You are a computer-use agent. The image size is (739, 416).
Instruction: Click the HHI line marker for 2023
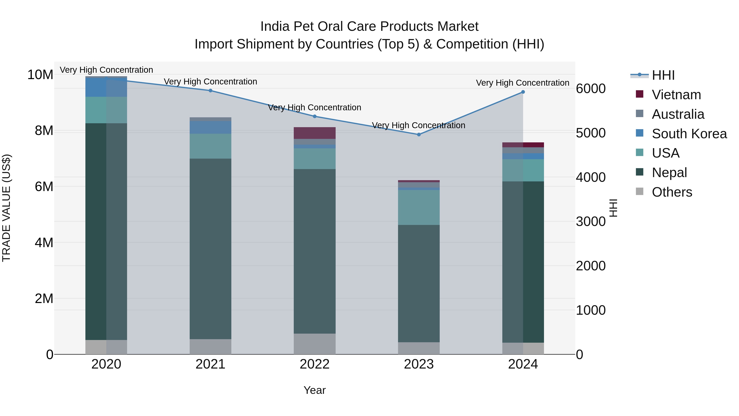[419, 134]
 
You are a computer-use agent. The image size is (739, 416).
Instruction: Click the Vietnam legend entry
[676, 94]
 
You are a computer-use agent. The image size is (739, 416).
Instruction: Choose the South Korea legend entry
[689, 134]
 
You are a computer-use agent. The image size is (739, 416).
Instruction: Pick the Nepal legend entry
[669, 172]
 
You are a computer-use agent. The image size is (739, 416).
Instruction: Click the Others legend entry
[672, 192]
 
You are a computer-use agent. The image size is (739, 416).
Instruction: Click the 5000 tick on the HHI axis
[590, 133]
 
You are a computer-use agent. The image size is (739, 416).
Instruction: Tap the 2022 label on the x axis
[314, 364]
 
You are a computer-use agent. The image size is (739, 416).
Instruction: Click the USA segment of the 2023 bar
[419, 207]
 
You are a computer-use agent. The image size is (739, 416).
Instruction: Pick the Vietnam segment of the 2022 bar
[314, 133]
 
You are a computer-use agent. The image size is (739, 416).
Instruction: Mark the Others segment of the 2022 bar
[314, 344]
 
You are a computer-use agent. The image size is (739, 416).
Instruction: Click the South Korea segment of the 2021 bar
[210, 127]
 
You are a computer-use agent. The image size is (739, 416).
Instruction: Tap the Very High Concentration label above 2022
[314, 107]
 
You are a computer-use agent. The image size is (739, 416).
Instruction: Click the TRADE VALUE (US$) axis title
[6, 208]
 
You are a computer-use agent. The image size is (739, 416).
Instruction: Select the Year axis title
[314, 390]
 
